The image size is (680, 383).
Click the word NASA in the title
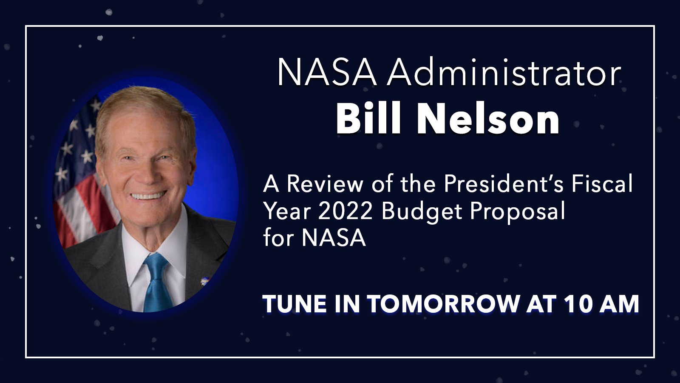pos(327,73)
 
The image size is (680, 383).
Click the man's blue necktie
pos(157,284)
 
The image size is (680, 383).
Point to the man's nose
pos(147,173)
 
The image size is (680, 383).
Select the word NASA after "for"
pos(334,238)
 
